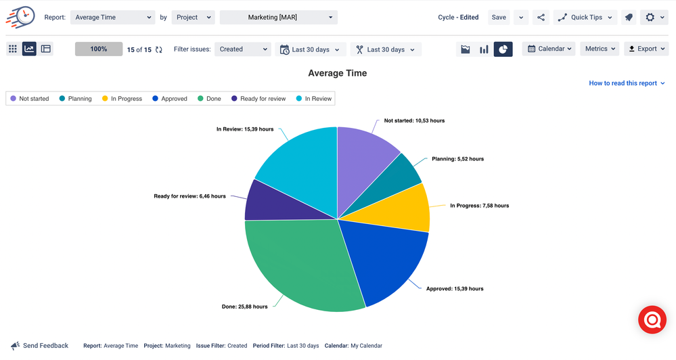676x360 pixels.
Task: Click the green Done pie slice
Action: tap(298, 264)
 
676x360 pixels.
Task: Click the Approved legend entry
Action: tap(169, 99)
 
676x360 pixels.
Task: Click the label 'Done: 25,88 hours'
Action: tap(244, 307)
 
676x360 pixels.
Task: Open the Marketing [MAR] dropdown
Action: tap(278, 18)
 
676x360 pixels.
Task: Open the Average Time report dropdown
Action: tap(112, 18)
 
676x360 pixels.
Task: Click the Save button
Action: tap(499, 18)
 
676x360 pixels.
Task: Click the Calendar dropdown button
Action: tap(549, 49)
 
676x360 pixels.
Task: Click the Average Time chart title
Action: tap(337, 73)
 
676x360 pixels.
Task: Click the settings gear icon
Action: tap(653, 18)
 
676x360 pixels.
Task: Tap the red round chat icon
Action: tap(652, 320)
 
